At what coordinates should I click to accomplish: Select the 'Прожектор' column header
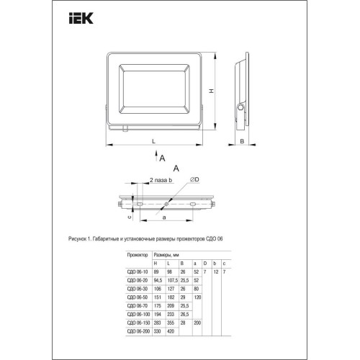pos(138,255)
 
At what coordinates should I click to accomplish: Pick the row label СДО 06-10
pos(137,272)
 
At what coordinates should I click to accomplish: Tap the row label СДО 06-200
pos(138,333)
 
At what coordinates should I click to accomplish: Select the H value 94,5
pos(157,280)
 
